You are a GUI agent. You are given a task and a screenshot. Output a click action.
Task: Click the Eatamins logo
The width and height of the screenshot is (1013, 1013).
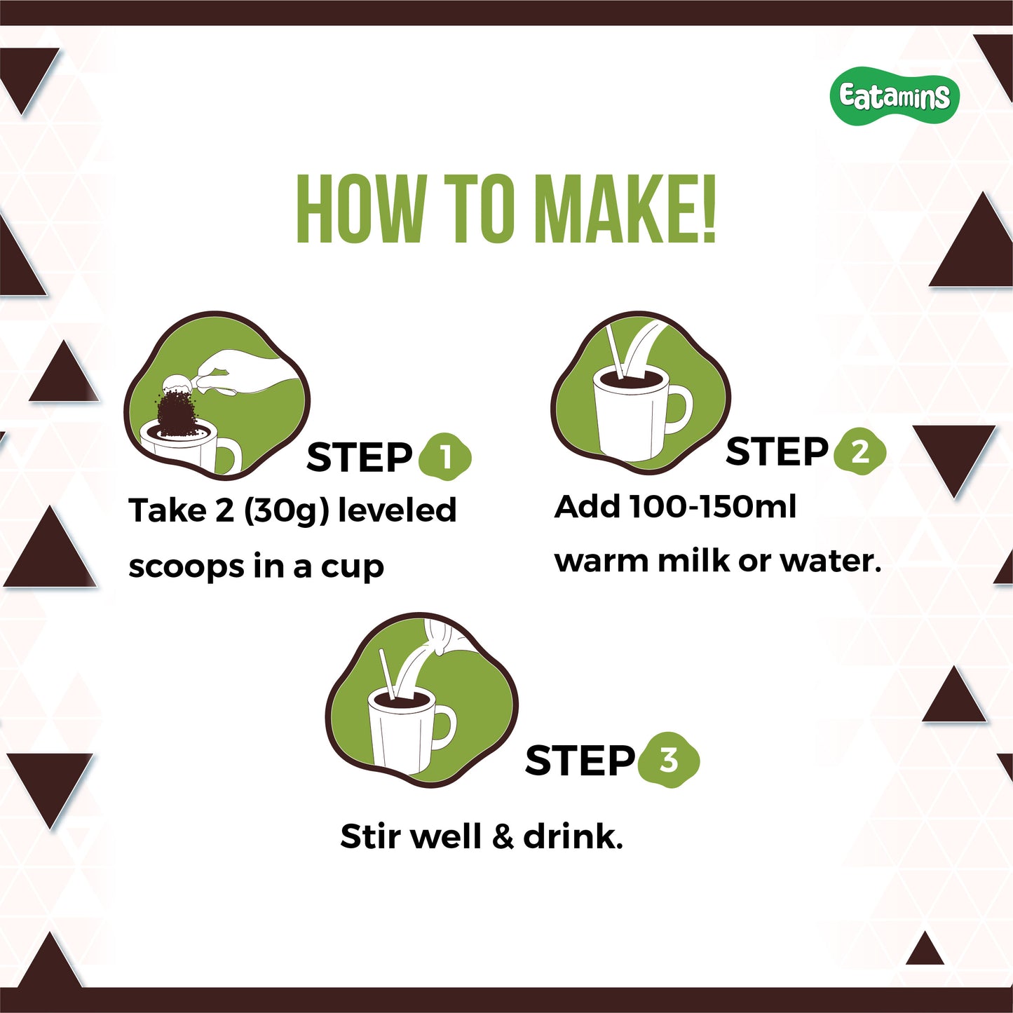(895, 96)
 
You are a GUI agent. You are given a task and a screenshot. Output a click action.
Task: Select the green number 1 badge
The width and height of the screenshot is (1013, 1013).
(444, 456)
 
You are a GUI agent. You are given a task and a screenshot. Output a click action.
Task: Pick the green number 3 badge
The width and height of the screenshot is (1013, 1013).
(668, 760)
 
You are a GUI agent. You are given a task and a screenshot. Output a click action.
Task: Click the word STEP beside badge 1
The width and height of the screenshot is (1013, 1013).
(360, 457)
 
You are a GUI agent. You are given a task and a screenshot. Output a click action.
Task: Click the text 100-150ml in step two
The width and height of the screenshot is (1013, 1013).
(712, 507)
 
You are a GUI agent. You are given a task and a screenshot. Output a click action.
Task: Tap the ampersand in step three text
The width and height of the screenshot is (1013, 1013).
(503, 837)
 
